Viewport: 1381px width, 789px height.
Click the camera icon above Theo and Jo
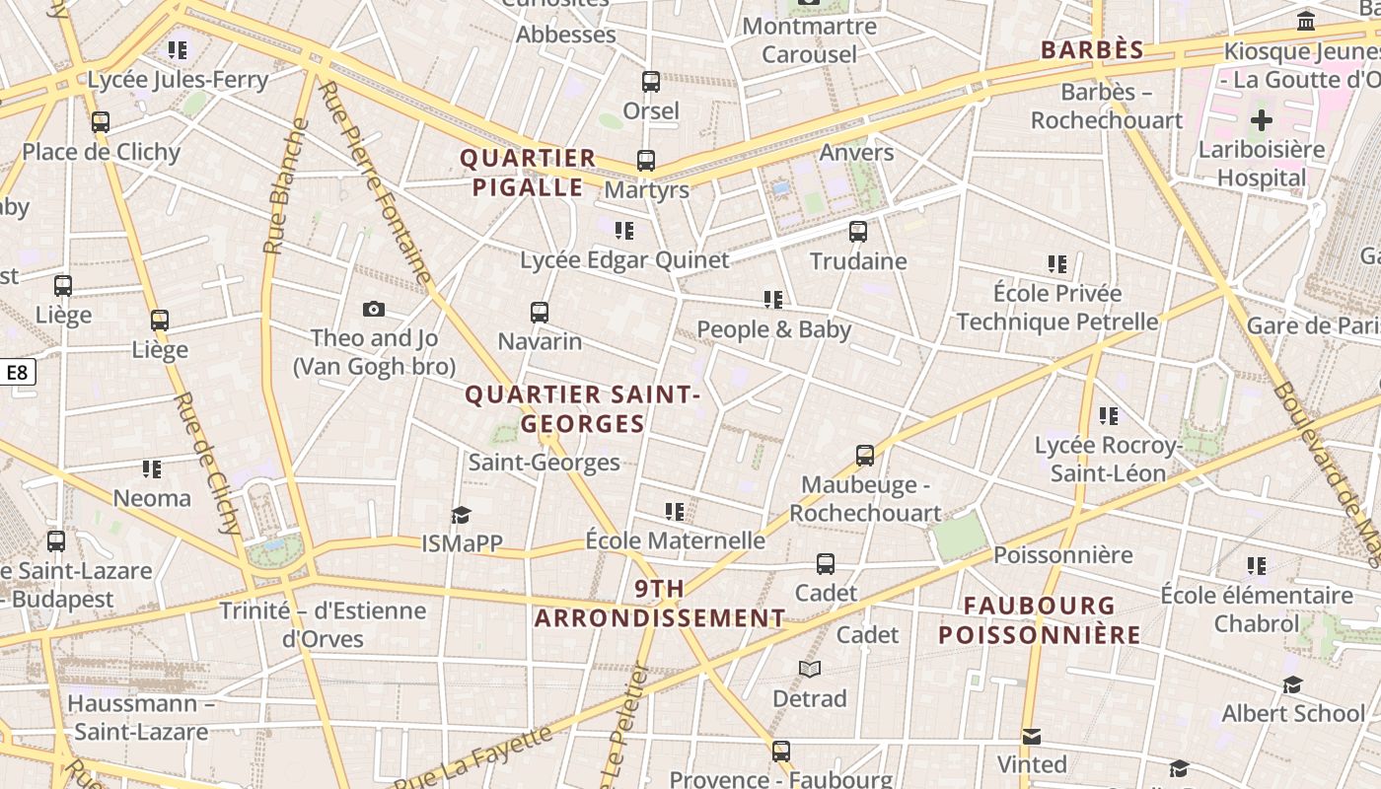(374, 310)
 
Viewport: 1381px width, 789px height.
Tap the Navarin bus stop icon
(540, 313)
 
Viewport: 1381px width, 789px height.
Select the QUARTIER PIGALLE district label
(528, 173)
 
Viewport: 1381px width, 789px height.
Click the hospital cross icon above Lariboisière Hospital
(1261, 121)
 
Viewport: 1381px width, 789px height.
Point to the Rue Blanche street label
(285, 187)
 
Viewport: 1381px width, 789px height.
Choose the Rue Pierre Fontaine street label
(377, 183)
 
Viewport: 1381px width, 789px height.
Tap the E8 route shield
(18, 372)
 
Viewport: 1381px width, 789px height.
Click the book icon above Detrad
(810, 670)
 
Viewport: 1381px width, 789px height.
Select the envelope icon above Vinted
(1032, 736)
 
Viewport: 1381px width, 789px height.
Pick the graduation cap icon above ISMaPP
(461, 515)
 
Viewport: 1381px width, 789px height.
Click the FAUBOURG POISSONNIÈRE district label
(1040, 620)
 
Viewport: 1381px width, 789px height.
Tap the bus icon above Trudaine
(858, 232)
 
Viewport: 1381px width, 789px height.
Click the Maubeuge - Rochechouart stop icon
(865, 456)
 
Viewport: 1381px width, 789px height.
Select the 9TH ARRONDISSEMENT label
(660, 605)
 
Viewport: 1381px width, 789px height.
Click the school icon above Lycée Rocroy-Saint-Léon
(1109, 416)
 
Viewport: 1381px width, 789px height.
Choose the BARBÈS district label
(1092, 50)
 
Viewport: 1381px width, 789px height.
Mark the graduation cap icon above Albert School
(1292, 684)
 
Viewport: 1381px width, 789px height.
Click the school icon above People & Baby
(773, 299)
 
